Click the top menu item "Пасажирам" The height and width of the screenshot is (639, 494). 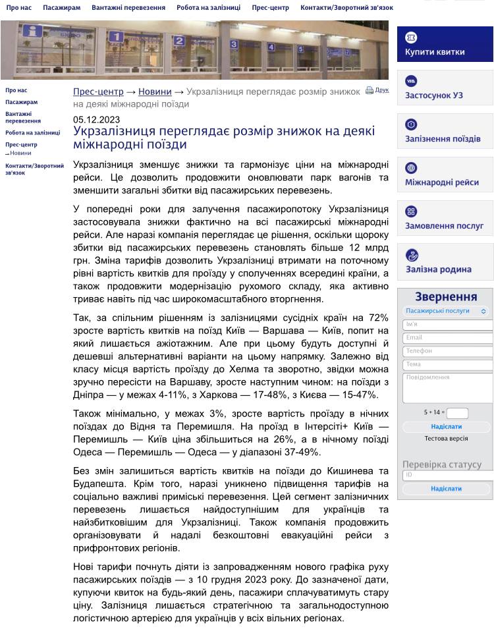pos(61,8)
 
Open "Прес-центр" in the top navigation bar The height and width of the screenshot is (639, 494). pos(270,8)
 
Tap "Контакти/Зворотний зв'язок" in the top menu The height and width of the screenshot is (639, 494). pos(346,8)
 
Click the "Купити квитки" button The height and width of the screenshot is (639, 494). pos(445,44)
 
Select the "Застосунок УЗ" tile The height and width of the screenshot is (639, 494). pos(445,88)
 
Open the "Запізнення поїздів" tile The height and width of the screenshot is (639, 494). pos(445,132)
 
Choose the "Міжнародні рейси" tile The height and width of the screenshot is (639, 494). pos(445,175)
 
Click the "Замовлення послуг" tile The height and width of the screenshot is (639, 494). pos(445,218)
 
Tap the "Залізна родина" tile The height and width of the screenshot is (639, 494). pos(445,262)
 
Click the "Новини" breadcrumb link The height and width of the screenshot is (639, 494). pos(155,92)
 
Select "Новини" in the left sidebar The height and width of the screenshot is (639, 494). pos(20,153)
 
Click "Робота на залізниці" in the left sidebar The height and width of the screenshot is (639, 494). pos(32,132)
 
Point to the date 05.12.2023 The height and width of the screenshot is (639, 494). pos(96,119)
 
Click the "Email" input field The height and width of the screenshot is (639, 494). pos(447,338)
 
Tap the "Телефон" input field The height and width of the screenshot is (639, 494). pos(447,351)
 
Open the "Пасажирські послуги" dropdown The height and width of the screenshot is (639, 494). pos(446,311)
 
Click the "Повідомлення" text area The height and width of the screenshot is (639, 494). pos(447,387)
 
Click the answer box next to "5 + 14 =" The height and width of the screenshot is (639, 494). pos(457,413)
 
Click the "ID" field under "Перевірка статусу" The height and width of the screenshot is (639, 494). pos(447,475)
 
